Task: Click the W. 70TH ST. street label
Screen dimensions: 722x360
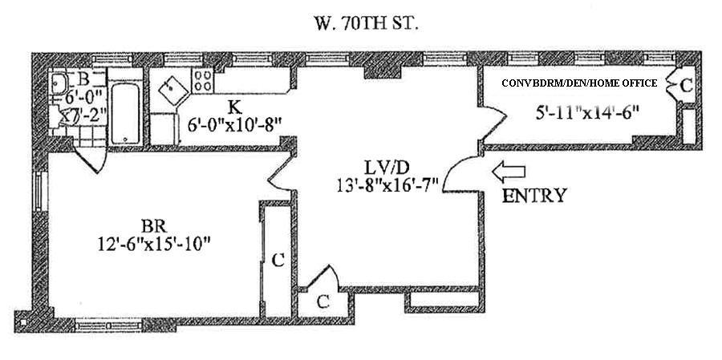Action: point(364,23)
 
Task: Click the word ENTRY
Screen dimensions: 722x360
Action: point(533,196)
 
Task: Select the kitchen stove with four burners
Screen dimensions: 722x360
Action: point(203,80)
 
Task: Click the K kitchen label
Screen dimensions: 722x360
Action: point(233,107)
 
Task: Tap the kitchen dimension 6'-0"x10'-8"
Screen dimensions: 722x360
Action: point(233,124)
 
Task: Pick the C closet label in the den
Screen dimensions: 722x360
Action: point(687,84)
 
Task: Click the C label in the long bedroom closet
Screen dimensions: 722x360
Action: point(277,260)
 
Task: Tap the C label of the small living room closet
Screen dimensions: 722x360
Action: point(322,301)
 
